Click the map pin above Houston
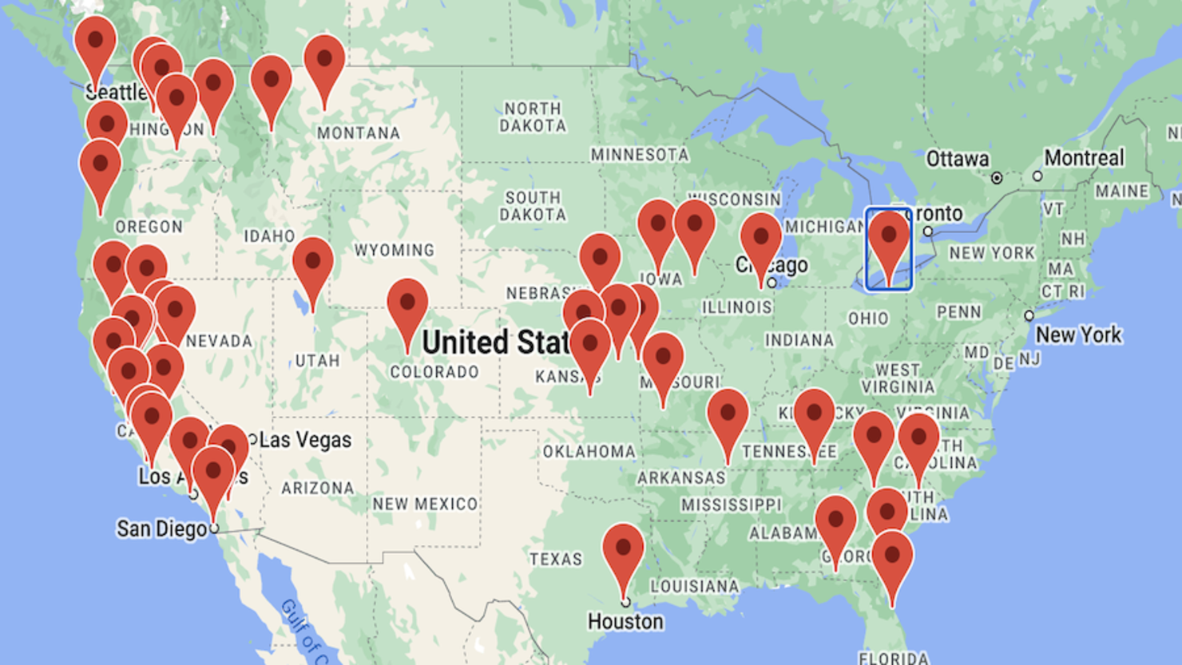pyautogui.click(x=623, y=551)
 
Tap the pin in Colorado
pyautogui.click(x=407, y=305)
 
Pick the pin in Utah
pyautogui.click(x=312, y=263)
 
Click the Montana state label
pyautogui.click(x=359, y=133)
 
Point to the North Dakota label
pyautogui.click(x=533, y=117)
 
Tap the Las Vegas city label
pyautogui.click(x=306, y=440)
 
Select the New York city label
pyautogui.click(x=1079, y=335)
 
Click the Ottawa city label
pyautogui.click(x=958, y=160)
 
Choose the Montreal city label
pyautogui.click(x=1084, y=158)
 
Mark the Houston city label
pyautogui.click(x=625, y=621)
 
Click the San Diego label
pyautogui.click(x=162, y=528)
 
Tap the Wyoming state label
pyautogui.click(x=395, y=251)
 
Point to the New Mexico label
pyautogui.click(x=425, y=504)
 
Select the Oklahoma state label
pyautogui.click(x=589, y=452)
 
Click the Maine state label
pyautogui.click(x=1122, y=192)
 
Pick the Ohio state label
pyautogui.click(x=868, y=319)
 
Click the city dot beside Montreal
pyautogui.click(x=1037, y=176)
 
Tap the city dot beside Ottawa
pyautogui.click(x=997, y=178)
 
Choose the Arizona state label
pyautogui.click(x=318, y=488)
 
